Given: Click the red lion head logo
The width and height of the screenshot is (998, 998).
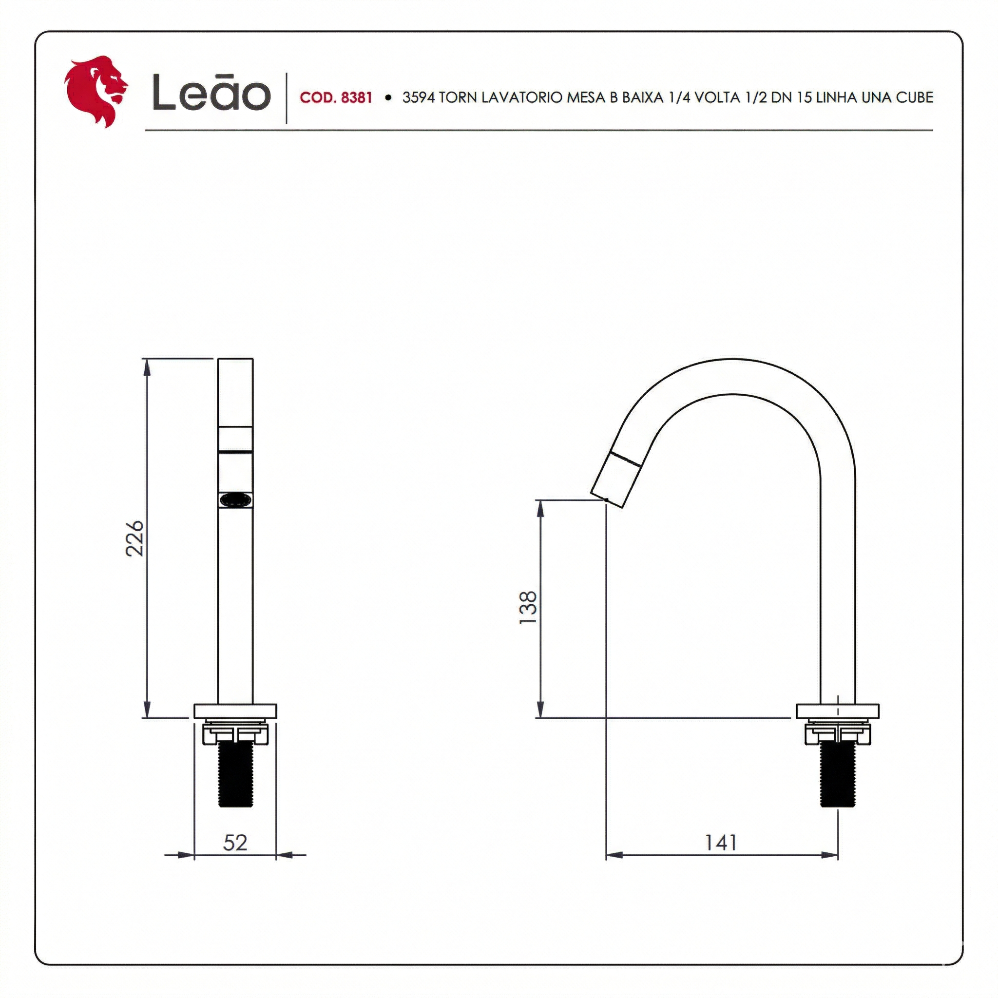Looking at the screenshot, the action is (96, 92).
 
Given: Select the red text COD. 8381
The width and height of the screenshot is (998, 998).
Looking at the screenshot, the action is (336, 97).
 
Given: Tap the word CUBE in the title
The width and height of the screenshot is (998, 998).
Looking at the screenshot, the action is (914, 97).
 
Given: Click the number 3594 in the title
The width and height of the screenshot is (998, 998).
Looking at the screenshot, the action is (419, 97).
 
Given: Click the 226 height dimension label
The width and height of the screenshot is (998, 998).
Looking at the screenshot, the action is (135, 538).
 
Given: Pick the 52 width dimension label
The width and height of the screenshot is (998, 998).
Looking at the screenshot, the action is (235, 843).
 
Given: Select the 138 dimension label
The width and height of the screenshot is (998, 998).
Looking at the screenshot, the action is (528, 608).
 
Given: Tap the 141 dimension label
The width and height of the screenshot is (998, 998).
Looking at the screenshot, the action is (721, 843).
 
